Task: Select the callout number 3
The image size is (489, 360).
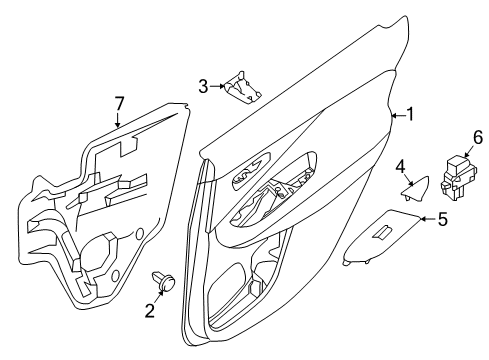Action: pos(202,86)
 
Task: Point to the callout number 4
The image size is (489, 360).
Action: pos(401,166)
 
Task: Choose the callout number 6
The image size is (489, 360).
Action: pos(450,137)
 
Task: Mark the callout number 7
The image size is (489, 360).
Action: pos(118,102)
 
